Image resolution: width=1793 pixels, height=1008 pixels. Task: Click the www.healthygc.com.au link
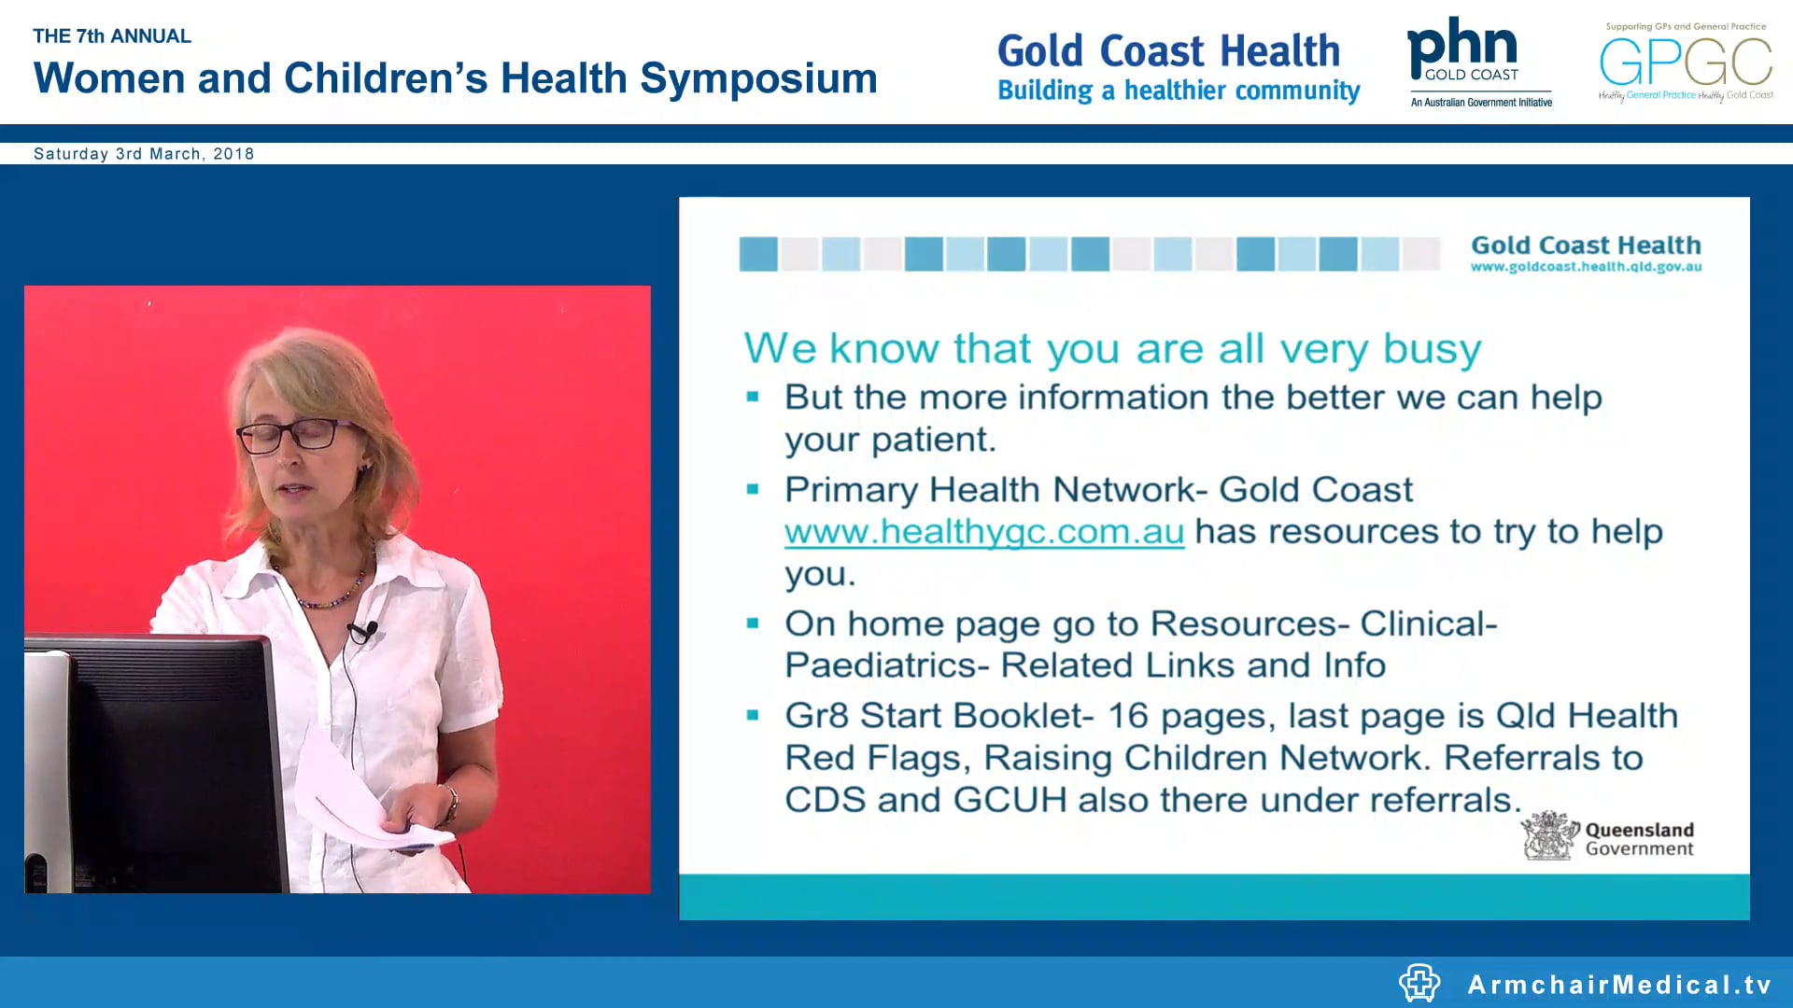pos(983,532)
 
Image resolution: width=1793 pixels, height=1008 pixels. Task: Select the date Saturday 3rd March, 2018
pos(144,154)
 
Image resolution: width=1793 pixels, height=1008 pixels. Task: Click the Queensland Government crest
pos(1548,836)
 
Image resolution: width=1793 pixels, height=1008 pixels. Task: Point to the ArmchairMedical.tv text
pos(1618,985)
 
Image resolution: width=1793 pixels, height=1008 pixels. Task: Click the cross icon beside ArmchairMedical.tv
pos(1419,983)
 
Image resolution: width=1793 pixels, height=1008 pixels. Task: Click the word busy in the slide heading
pos(1432,350)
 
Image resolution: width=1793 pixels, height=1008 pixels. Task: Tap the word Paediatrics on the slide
pos(886,665)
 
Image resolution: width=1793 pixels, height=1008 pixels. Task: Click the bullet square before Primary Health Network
pos(753,489)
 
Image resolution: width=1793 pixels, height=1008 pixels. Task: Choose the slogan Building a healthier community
pos(1178,91)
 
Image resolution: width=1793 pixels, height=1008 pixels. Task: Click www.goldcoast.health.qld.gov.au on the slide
pos(1586,267)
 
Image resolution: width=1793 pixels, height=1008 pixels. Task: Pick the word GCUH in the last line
pos(1009,800)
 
